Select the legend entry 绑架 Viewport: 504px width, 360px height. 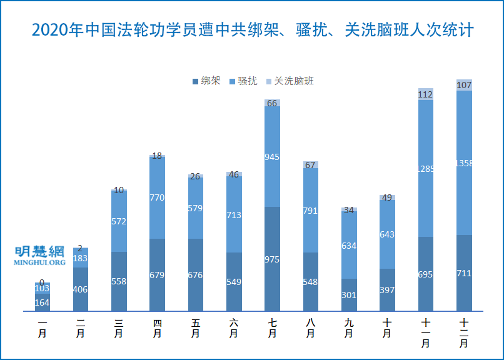[x=206, y=81]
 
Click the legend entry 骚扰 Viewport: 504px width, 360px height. [x=243, y=81]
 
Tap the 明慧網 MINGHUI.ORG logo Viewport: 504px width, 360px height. [x=39, y=255]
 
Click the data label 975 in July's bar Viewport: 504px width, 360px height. [x=272, y=259]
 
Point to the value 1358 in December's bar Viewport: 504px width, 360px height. [x=464, y=163]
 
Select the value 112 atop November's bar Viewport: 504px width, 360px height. [x=426, y=94]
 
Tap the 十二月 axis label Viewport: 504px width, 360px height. [x=464, y=334]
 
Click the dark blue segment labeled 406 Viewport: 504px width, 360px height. [x=81, y=289]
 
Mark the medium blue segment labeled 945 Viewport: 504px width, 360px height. [x=272, y=157]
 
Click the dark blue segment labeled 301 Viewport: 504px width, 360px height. [x=349, y=295]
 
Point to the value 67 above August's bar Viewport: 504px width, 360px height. [x=311, y=164]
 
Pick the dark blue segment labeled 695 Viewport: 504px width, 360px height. [x=426, y=274]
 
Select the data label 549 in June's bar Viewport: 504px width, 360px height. [x=234, y=282]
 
